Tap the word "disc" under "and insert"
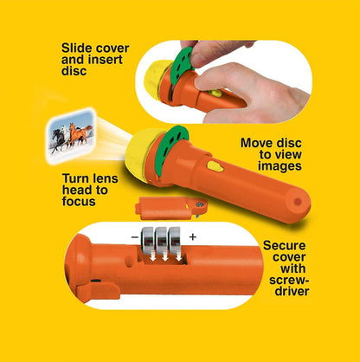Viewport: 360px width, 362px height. [x=74, y=71]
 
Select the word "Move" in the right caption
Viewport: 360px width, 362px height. [x=256, y=143]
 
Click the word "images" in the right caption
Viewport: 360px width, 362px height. [x=280, y=166]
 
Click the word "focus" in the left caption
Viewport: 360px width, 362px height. [x=79, y=202]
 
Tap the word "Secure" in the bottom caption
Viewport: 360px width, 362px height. [x=284, y=246]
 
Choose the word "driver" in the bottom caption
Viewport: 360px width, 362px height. [x=292, y=291]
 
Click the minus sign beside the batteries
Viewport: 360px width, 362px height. [x=135, y=237]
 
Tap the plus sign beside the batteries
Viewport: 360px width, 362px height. [x=192, y=237]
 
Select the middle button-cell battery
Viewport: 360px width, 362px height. [x=161, y=240]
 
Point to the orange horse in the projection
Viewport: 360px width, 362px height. [x=77, y=133]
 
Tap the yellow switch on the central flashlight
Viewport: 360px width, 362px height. [x=215, y=166]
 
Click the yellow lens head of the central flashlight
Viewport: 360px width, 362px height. [x=139, y=155]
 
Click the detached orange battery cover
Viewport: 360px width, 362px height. [x=170, y=208]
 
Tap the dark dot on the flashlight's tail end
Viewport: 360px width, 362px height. [x=298, y=202]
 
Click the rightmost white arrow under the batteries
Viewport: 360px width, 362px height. [x=179, y=256]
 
